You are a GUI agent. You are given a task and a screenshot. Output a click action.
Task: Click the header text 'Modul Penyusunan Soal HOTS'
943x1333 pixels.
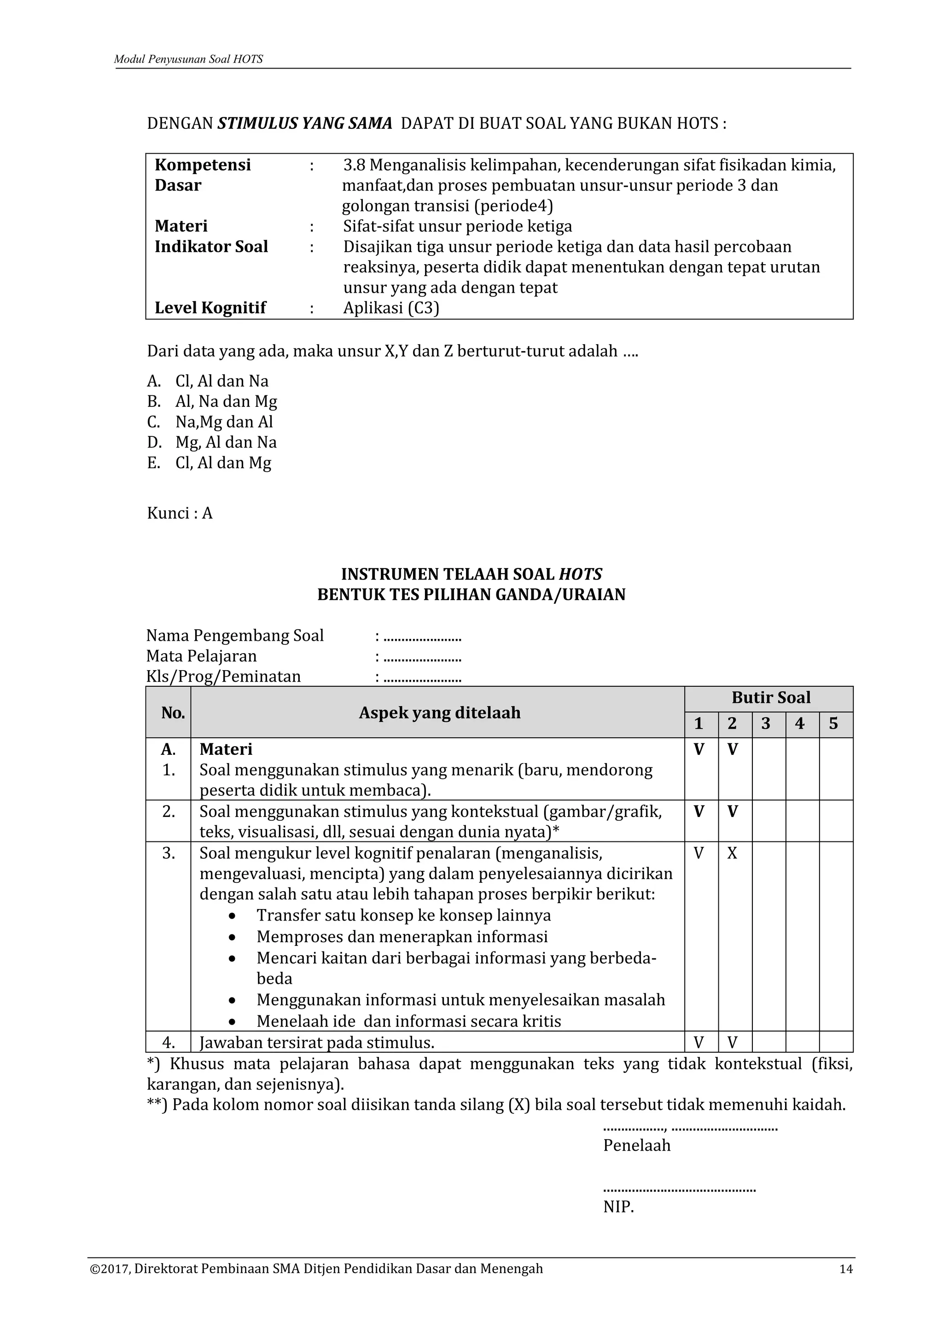188,59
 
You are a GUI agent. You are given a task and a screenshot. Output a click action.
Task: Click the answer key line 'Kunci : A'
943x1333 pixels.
180,513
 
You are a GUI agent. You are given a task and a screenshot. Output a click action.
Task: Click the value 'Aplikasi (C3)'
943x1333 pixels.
391,308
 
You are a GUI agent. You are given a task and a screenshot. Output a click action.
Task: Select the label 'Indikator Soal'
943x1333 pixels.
211,247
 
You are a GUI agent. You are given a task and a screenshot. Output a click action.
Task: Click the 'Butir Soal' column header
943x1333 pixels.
770,697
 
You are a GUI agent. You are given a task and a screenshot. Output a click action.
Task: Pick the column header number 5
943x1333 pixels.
833,724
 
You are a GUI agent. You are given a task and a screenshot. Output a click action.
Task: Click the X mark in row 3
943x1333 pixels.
732,853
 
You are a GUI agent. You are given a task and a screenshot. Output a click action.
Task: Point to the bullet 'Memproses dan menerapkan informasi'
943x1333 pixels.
402,937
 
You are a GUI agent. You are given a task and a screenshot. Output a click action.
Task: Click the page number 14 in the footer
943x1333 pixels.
846,1269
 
